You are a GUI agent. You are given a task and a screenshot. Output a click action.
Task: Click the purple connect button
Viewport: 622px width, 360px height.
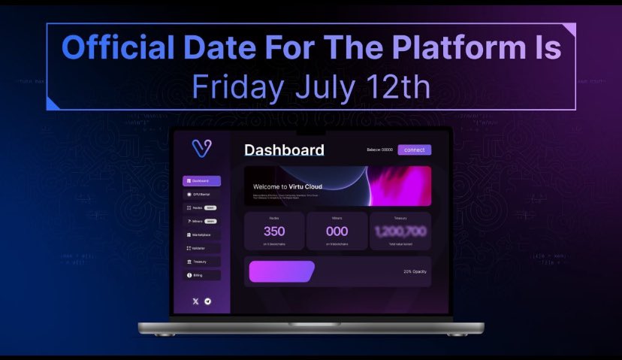[414, 150]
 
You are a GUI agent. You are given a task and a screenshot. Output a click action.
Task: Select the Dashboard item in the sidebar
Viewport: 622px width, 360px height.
[201, 181]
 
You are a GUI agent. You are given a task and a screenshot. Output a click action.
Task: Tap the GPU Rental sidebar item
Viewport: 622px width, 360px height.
[201, 195]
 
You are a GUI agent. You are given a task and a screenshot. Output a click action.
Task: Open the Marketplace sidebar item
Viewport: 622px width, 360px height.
[201, 234]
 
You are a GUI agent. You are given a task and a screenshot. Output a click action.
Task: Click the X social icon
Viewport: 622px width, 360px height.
[196, 301]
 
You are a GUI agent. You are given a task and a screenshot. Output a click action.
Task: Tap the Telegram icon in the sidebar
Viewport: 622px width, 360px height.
[207, 301]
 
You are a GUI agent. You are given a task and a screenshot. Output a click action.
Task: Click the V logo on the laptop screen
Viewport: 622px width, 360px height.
[201, 148]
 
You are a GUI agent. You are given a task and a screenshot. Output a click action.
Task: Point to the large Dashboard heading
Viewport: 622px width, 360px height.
[284, 150]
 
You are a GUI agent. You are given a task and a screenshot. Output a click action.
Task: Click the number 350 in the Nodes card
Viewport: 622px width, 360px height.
[274, 231]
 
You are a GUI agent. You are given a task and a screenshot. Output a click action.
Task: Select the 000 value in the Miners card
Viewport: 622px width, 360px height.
[337, 231]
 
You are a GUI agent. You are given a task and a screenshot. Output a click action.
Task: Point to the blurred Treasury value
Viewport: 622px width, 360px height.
[400, 231]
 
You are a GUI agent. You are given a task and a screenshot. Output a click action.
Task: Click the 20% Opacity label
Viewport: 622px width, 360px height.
[415, 271]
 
